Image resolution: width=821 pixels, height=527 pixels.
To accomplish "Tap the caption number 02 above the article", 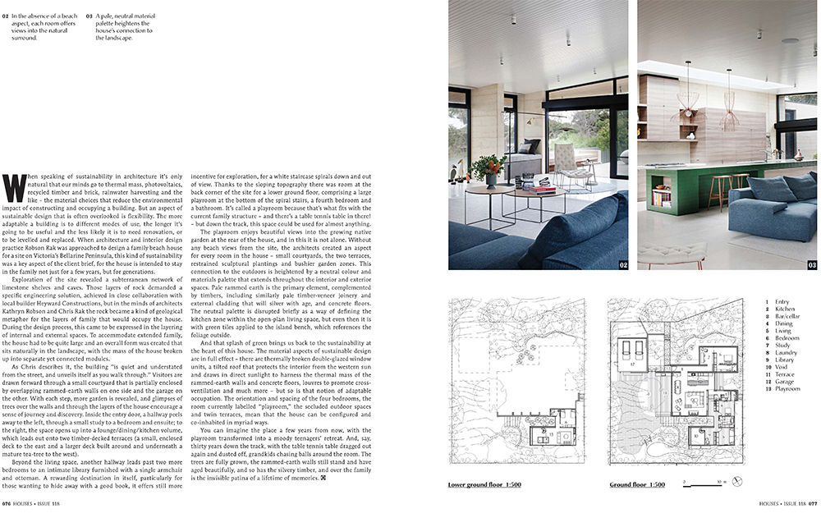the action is click(x=7, y=14).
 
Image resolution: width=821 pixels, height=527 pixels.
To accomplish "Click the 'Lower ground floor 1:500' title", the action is click(x=485, y=484).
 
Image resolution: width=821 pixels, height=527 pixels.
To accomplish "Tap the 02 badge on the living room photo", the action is click(x=621, y=264).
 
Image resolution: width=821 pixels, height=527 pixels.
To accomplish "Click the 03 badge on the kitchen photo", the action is click(x=811, y=264).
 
